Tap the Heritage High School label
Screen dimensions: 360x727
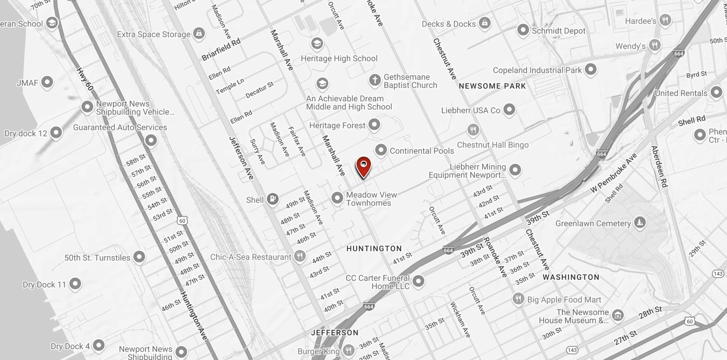(x=339, y=58)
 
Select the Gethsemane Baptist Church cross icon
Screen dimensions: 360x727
(x=375, y=81)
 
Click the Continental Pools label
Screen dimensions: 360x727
(x=422, y=151)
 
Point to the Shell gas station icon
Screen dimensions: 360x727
(x=272, y=199)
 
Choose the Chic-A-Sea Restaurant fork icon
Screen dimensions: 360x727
(x=300, y=257)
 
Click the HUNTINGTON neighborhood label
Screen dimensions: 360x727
(x=374, y=248)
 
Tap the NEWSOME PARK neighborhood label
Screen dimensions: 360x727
(x=492, y=86)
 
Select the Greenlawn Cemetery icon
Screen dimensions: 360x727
(x=639, y=222)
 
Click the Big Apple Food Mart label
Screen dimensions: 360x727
(x=564, y=300)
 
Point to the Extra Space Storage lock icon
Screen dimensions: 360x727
(x=199, y=33)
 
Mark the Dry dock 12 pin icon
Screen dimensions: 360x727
(x=56, y=133)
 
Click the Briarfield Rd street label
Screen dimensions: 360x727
(x=221, y=49)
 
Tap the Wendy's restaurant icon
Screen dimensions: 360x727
(x=655, y=45)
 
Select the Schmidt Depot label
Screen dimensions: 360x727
(x=559, y=31)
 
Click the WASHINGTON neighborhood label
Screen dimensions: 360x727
(x=571, y=277)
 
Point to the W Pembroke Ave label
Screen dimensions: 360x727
(x=614, y=174)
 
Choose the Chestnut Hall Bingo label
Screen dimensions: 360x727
(x=493, y=145)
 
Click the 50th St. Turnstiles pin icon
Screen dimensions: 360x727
(x=139, y=257)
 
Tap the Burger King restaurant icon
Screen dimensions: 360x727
(x=348, y=351)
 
